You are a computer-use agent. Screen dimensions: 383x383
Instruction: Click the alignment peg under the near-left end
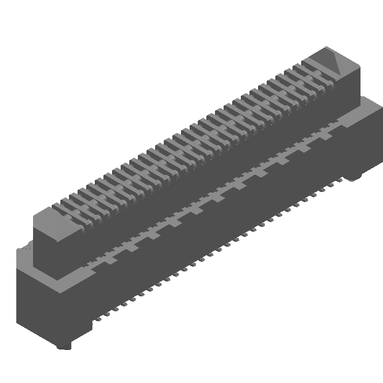pos(64,346)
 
